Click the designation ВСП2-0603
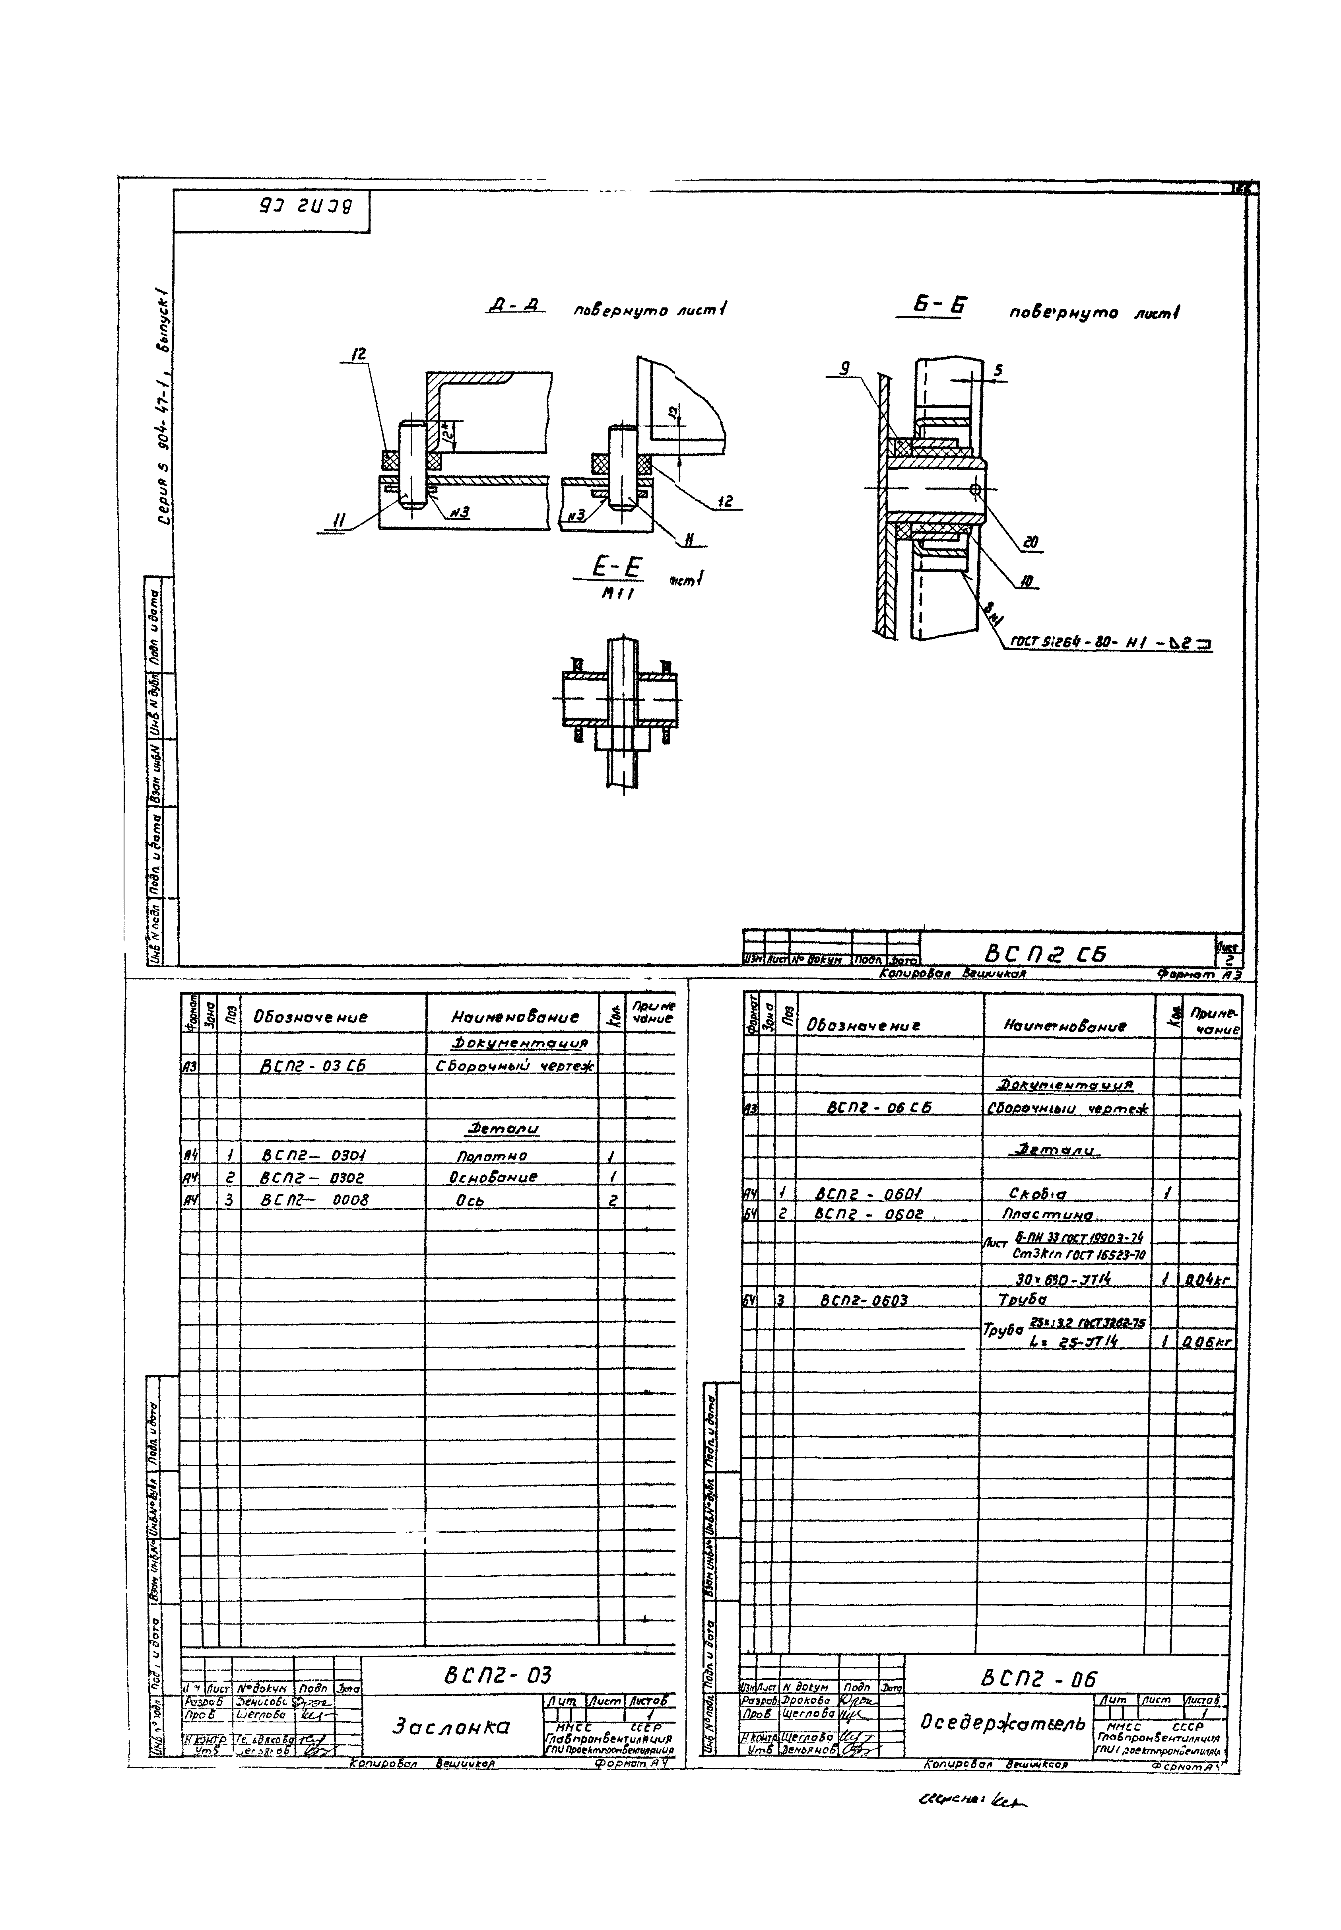click(864, 1301)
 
